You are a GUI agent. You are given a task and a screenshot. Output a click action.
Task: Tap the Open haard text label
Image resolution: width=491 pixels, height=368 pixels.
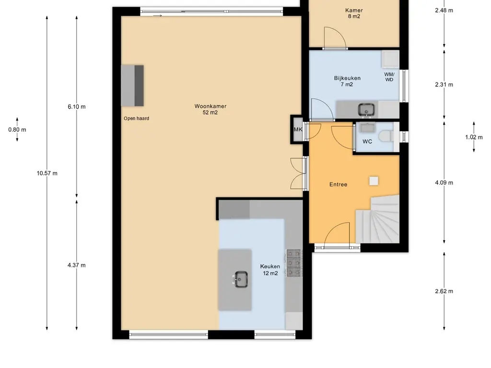136,118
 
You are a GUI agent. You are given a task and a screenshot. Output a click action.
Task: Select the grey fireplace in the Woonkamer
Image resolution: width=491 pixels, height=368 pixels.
132,85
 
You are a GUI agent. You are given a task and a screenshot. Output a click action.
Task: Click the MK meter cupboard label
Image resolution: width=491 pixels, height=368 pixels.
298,129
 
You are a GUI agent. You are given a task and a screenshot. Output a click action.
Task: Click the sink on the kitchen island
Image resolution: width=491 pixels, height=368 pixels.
241,279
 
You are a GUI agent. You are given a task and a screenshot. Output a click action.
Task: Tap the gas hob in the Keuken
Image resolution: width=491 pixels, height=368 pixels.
294,263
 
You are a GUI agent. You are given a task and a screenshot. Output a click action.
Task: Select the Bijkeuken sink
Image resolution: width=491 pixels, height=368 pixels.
366,110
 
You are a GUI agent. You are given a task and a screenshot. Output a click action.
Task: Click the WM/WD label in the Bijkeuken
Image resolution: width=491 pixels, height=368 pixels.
389,77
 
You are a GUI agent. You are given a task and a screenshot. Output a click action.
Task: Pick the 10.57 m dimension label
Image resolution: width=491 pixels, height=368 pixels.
47,173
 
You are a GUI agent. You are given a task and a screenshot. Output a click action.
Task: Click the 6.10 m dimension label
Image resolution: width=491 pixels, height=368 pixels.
76,107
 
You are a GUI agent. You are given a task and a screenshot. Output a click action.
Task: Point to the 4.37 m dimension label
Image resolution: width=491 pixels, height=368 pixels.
76,265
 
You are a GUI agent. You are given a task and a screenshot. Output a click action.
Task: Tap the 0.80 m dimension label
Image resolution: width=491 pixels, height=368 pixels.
17,129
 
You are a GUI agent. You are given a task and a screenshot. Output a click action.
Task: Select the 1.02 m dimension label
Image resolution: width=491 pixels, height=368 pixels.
474,137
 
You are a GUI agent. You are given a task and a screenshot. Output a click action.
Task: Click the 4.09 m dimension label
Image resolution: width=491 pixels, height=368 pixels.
444,183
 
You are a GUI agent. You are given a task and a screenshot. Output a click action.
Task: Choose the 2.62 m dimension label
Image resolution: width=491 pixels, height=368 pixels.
444,291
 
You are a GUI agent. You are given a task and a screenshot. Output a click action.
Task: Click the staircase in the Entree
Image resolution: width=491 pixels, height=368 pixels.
378,219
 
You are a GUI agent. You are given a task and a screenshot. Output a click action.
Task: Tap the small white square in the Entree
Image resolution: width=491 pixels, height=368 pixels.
374,181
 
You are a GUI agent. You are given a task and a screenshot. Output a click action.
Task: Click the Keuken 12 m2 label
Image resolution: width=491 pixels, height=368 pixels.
270,270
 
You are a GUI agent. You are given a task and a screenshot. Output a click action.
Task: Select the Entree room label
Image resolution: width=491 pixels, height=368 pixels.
338,184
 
